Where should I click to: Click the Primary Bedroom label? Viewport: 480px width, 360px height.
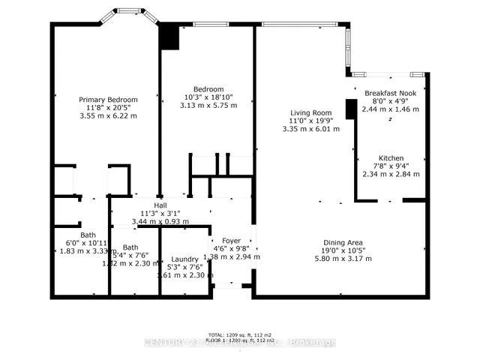click(x=109, y=99)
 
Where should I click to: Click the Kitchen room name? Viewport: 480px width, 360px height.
click(x=392, y=157)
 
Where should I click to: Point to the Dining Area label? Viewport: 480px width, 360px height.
click(x=343, y=242)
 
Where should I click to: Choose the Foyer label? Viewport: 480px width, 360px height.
click(x=232, y=241)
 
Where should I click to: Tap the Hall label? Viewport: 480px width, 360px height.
click(x=160, y=205)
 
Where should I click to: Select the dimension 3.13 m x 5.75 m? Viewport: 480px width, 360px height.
click(x=208, y=106)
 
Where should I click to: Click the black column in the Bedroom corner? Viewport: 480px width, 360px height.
click(x=169, y=37)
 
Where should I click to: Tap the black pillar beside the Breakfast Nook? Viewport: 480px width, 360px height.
click(x=350, y=109)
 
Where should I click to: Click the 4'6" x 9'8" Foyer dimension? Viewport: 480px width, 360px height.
click(x=232, y=249)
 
